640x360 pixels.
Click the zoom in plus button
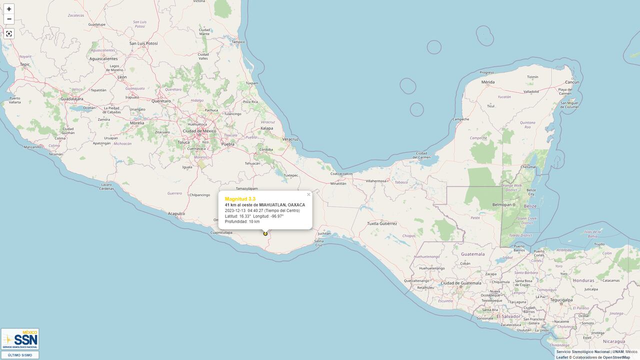9,9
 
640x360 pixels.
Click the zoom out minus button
9,19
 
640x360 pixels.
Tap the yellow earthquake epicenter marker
265,233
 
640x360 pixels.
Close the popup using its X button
308,194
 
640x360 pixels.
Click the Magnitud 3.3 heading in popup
240,199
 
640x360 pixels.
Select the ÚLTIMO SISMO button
20,355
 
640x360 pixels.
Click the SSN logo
20,339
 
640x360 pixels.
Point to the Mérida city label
487,82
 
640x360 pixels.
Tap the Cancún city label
571,82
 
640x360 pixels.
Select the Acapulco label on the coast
176,213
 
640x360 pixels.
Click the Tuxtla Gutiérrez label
381,223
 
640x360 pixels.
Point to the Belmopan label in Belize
502,204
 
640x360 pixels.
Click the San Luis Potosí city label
143,43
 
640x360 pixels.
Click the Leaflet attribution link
562,357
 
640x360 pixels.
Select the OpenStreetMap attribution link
616,357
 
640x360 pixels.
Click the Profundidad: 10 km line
242,221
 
